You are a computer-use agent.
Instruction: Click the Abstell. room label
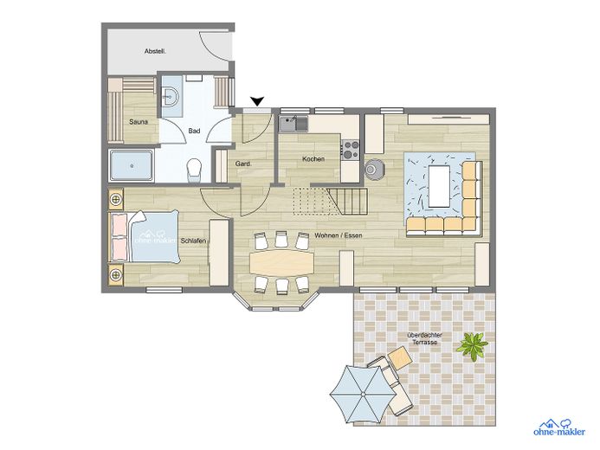click(x=155, y=51)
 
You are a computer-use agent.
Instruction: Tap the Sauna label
click(x=139, y=122)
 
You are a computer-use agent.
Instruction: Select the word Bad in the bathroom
click(x=194, y=131)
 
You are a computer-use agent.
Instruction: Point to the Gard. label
click(x=243, y=164)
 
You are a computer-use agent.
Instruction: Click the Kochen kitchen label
click(x=313, y=158)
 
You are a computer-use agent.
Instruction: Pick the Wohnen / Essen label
click(x=339, y=235)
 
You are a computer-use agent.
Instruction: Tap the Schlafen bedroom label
click(x=193, y=241)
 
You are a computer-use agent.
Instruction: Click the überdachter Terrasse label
click(x=425, y=338)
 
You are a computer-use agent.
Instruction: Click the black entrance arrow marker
click(x=258, y=101)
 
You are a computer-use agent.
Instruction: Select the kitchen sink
click(x=294, y=124)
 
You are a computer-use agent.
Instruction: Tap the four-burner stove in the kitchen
click(x=350, y=150)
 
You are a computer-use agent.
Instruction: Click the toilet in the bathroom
click(x=194, y=170)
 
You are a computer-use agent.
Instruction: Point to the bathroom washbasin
click(x=170, y=96)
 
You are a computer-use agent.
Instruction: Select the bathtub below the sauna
click(x=132, y=165)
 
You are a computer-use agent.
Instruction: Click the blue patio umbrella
click(x=363, y=394)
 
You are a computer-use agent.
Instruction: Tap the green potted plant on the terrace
click(x=473, y=345)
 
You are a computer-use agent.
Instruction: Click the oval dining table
click(x=281, y=262)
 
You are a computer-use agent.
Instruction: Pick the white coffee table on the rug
click(x=439, y=186)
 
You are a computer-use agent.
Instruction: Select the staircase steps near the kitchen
click(x=347, y=202)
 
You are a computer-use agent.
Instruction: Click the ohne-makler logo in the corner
click(x=559, y=427)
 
